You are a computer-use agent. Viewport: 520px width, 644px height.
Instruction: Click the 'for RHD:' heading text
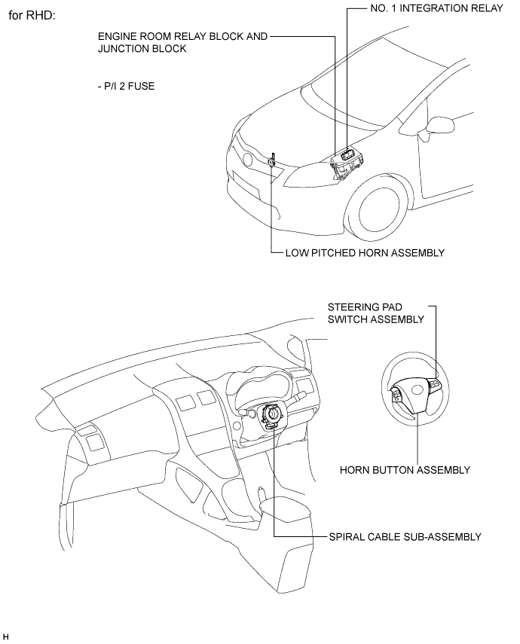pos(32,16)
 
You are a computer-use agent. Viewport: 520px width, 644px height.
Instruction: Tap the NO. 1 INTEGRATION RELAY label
pos(436,8)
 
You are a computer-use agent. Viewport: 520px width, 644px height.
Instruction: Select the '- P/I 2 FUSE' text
pos(126,87)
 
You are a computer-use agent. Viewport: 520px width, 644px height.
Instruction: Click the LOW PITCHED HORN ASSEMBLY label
pos(365,252)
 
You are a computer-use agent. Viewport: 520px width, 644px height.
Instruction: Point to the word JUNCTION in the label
pos(124,48)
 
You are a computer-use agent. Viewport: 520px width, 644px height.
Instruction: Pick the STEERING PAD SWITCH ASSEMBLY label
pos(376,313)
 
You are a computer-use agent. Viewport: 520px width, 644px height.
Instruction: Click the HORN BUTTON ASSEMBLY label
pos(405,470)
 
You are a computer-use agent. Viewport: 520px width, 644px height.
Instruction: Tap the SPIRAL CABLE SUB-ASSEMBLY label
pos(405,537)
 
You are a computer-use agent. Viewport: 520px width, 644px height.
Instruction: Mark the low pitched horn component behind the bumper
pos(272,160)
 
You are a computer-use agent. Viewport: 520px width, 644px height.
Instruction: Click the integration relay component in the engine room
pos(347,154)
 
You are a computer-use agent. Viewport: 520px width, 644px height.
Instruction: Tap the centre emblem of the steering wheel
pos(418,388)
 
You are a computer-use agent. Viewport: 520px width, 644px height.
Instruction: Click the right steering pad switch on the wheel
pos(435,384)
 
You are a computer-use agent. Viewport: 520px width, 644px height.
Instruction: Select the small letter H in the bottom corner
pos(5,637)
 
